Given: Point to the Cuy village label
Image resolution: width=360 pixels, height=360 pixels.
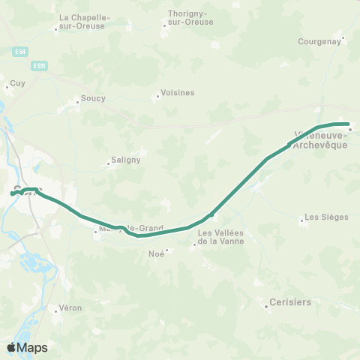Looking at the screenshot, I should tap(17, 83).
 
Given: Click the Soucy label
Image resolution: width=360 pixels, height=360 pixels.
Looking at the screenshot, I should tap(93, 98).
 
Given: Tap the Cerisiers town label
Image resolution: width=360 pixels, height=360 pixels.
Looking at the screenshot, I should tap(292, 303).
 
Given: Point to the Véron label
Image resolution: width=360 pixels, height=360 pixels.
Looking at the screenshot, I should tap(70, 308).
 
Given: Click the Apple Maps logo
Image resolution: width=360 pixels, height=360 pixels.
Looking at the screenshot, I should tap(27, 347).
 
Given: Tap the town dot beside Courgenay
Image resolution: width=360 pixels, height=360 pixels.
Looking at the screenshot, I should tap(343, 37).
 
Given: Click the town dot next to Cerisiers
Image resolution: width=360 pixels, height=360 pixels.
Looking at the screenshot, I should tap(268, 306).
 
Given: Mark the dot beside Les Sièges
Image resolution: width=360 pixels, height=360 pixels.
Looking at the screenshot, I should tap(301, 220).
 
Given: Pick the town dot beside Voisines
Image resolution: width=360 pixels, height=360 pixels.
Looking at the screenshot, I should tap(157, 96).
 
